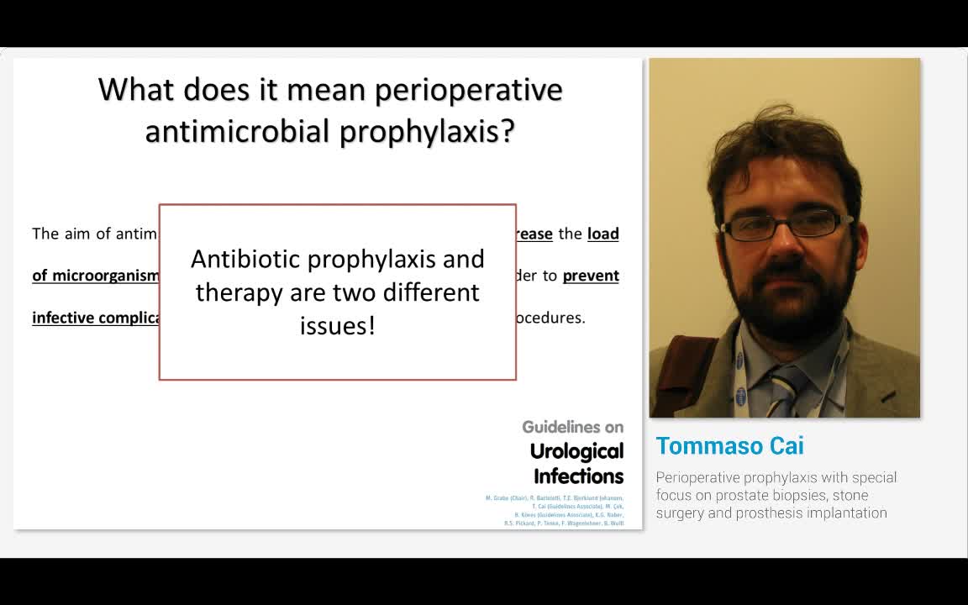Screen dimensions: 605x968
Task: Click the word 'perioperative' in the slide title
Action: pyautogui.click(x=468, y=90)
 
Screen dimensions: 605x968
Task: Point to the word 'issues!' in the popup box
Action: pyautogui.click(x=337, y=326)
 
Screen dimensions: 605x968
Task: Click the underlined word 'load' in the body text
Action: pyautogui.click(x=602, y=234)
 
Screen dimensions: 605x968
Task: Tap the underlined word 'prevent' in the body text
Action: pyautogui.click(x=591, y=276)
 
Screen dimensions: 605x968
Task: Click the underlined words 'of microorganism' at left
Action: pyautogui.click(x=95, y=276)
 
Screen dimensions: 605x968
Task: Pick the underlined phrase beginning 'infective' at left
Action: pyautogui.click(x=95, y=318)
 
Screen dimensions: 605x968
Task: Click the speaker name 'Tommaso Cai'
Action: pyautogui.click(x=729, y=445)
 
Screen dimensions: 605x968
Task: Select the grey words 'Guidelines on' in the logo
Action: pyautogui.click(x=572, y=427)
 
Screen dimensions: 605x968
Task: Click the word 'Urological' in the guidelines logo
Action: pyautogui.click(x=576, y=451)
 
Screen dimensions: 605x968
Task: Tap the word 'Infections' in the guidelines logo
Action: pyautogui.click(x=578, y=476)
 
